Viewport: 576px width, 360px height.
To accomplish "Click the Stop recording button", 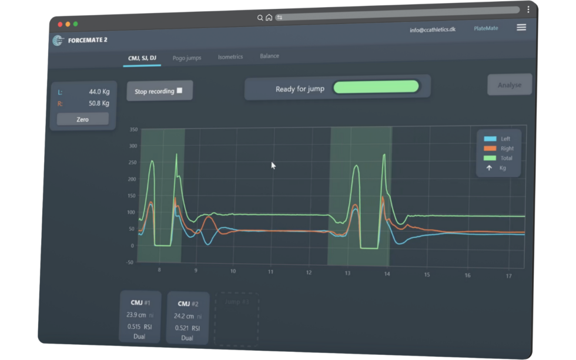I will (159, 91).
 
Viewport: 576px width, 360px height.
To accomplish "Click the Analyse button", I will (509, 85).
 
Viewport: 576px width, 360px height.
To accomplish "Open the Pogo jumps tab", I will (187, 58).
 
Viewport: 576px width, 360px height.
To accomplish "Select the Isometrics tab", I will (230, 57).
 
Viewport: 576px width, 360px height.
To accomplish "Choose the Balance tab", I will (269, 56).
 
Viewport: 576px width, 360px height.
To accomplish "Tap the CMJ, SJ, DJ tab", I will (142, 58).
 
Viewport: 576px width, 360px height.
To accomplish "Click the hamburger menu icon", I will (521, 28).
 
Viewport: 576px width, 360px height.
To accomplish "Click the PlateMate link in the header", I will (485, 28).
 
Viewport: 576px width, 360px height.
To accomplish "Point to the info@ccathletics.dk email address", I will (433, 30).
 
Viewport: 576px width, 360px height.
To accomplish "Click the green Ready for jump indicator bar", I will (376, 87).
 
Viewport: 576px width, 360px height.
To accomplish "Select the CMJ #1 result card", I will (140, 317).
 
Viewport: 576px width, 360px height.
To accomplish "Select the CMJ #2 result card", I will (187, 318).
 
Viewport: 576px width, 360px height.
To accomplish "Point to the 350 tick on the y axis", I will (133, 129).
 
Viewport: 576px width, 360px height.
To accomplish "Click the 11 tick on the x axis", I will (271, 272).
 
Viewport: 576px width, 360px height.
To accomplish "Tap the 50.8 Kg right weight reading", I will (99, 103).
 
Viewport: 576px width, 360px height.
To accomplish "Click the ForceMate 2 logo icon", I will (58, 41).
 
